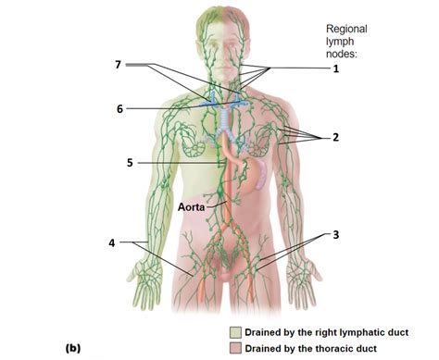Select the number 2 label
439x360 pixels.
click(x=336, y=137)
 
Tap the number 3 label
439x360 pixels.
click(x=336, y=234)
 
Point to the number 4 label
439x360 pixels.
click(x=111, y=243)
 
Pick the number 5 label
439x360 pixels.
click(x=131, y=163)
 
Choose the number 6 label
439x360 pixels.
click(x=119, y=108)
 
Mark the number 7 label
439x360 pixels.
click(x=118, y=64)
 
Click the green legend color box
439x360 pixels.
click(x=239, y=331)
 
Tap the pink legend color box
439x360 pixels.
click(x=239, y=347)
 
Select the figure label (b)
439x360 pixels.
click(x=75, y=348)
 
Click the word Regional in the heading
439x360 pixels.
click(x=348, y=28)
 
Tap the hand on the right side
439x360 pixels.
click(x=302, y=280)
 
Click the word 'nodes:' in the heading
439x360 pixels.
click(x=345, y=56)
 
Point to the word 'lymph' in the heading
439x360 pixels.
click(x=342, y=42)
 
